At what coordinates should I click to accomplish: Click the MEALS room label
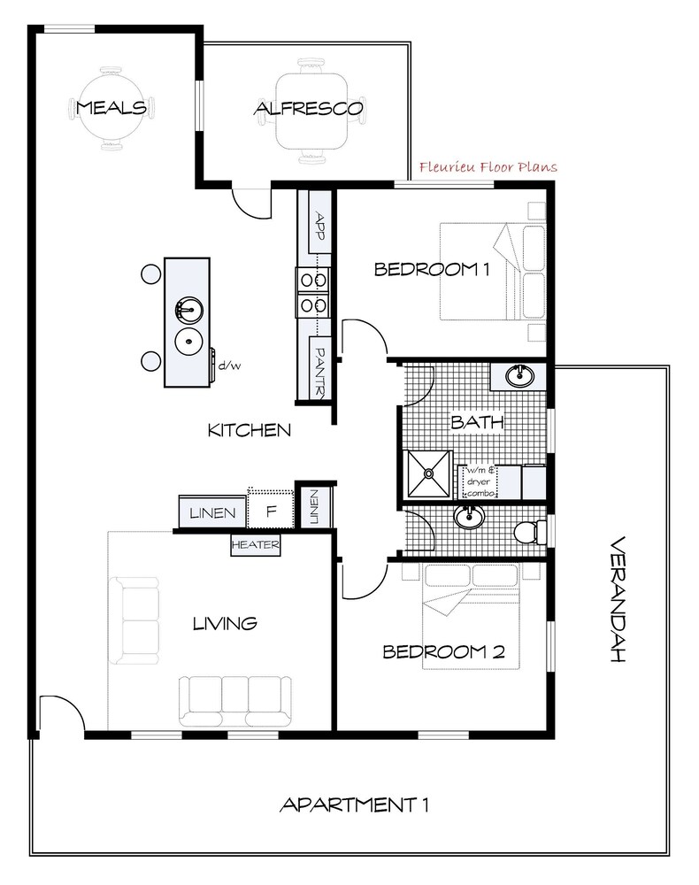(111, 107)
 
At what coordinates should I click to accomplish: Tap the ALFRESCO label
(308, 108)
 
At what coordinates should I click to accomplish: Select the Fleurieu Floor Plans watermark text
(488, 167)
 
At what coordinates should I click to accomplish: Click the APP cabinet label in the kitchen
(320, 225)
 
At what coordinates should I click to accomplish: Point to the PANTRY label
(319, 371)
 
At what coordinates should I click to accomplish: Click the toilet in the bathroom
(530, 532)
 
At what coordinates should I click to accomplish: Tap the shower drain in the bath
(429, 473)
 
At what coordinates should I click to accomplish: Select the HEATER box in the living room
(255, 544)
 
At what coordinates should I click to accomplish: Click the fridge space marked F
(271, 511)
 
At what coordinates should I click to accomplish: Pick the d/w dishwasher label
(229, 366)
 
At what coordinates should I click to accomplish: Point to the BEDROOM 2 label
(443, 652)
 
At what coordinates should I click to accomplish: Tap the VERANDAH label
(618, 598)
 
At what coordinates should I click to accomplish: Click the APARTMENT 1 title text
(354, 804)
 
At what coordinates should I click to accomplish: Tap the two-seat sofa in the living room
(134, 620)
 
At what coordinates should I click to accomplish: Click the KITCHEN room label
(250, 430)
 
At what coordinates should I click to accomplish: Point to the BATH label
(477, 421)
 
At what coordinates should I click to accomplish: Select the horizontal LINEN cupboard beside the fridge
(212, 512)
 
